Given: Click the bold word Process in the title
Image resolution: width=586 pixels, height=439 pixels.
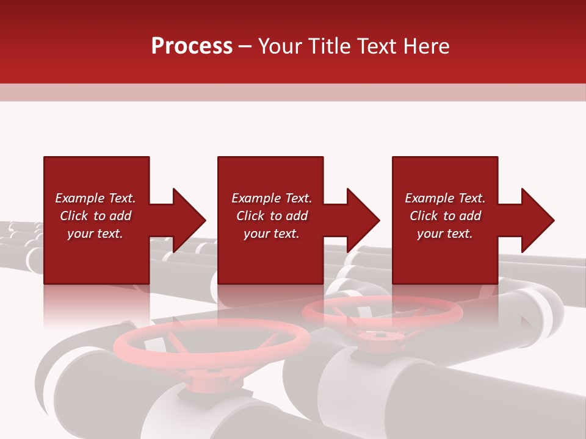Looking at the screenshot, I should pyautogui.click(x=192, y=46).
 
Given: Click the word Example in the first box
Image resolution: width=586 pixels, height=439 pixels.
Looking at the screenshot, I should pyautogui.click(x=79, y=198).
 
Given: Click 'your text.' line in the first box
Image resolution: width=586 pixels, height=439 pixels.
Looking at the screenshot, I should pyautogui.click(x=95, y=234).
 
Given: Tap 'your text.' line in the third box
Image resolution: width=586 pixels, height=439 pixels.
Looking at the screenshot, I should pyautogui.click(x=444, y=234).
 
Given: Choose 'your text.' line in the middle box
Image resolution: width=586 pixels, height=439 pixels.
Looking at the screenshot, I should pyautogui.click(x=271, y=234).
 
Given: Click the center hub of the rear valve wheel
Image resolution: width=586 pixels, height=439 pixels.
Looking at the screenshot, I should pyautogui.click(x=380, y=335).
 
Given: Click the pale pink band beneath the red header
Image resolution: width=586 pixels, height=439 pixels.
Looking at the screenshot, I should pyautogui.click(x=293, y=92).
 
